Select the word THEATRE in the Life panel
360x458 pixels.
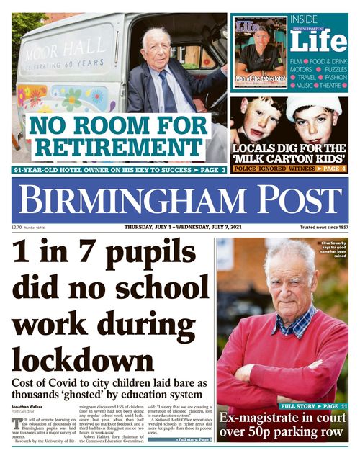coord(330,85)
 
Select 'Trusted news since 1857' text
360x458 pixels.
coord(324,227)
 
